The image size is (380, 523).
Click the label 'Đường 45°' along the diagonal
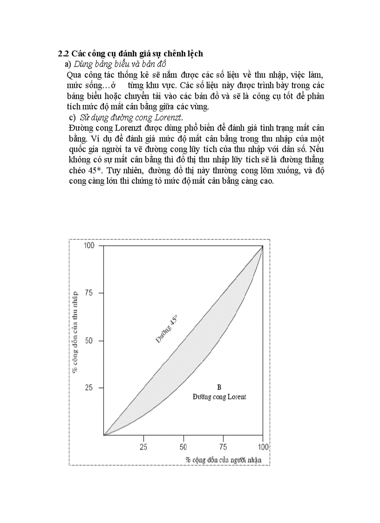(x=167, y=329)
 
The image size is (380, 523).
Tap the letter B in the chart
(x=219, y=387)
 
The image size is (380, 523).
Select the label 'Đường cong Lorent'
(x=219, y=397)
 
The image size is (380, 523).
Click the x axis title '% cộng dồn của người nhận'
(x=224, y=460)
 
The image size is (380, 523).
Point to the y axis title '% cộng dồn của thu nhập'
(x=75, y=331)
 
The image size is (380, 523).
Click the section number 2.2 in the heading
(x=63, y=54)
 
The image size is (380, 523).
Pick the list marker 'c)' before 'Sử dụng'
(x=72, y=116)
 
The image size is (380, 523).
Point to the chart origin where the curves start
(x=104, y=435)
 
